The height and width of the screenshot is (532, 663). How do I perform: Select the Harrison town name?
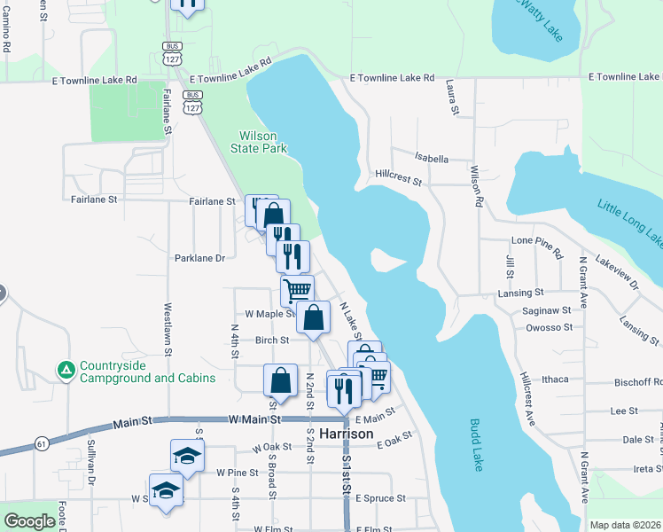click(x=347, y=435)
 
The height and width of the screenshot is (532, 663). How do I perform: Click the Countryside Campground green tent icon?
click(x=65, y=370)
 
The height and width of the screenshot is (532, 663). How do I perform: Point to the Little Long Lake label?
click(x=630, y=223)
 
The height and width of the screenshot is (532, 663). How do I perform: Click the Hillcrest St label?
click(x=398, y=177)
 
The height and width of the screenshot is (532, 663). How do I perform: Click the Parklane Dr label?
click(x=200, y=259)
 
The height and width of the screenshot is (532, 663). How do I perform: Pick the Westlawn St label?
click(x=167, y=330)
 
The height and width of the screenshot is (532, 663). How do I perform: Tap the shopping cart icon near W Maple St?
click(x=297, y=289)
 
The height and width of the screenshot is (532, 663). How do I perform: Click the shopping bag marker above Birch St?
click(x=314, y=317)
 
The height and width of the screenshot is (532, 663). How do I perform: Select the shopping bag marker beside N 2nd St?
click(x=280, y=379)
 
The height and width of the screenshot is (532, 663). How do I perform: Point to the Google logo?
click(x=30, y=521)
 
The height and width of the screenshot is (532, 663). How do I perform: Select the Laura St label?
click(x=452, y=98)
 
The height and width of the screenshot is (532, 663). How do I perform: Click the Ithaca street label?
click(x=554, y=379)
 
